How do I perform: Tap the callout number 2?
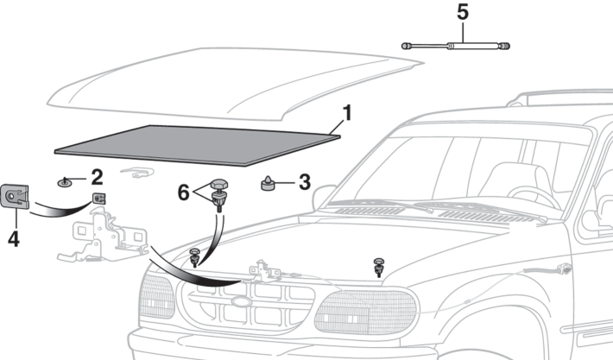coord(97,177)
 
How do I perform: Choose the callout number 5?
coord(462,14)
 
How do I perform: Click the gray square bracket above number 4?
coord(17,197)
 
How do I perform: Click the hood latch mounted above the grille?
coord(265,271)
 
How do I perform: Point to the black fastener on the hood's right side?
coord(378,265)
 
